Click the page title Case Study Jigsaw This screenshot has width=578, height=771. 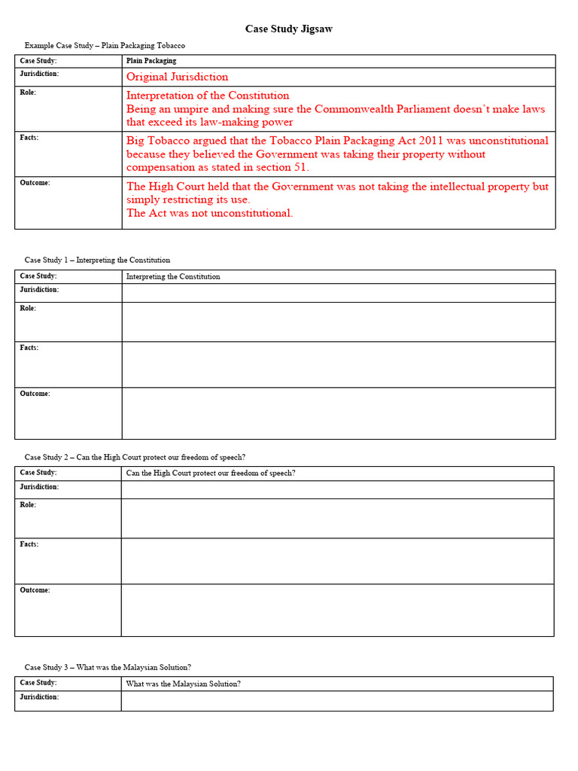point(288,29)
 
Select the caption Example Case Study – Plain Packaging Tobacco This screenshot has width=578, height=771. point(105,46)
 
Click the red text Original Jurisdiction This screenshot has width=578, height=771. point(177,77)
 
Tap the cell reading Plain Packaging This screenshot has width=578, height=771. point(151,61)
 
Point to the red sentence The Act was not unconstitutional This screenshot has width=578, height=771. point(209,213)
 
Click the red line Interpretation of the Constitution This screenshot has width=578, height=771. point(207,96)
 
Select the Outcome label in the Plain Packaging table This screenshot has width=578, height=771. point(35,183)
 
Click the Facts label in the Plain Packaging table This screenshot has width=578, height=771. point(29,138)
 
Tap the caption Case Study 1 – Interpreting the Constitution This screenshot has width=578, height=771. point(97,260)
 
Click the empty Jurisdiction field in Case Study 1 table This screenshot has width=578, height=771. point(338,293)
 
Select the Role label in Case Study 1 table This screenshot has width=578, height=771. point(27,309)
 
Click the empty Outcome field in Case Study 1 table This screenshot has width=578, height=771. point(338,413)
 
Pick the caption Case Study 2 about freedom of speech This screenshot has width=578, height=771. point(135,457)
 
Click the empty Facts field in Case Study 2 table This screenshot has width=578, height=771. point(338,561)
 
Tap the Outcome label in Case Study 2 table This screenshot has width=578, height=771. point(35,590)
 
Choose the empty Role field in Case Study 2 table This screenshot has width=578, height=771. point(338,518)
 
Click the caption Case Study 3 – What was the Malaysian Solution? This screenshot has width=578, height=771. point(108,667)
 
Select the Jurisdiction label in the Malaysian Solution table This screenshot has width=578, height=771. point(39,697)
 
